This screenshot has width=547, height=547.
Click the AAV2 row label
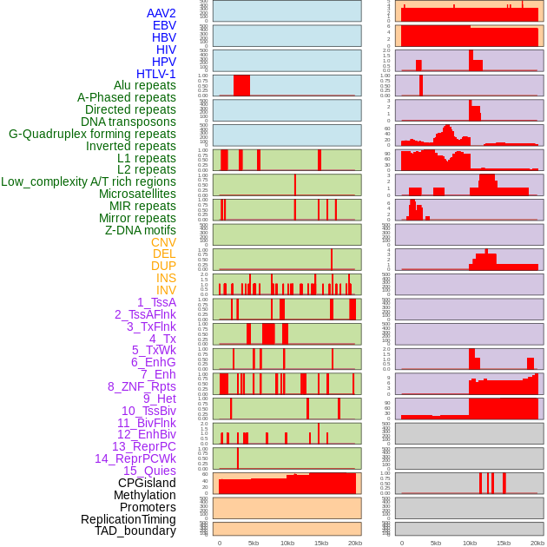(x=161, y=13)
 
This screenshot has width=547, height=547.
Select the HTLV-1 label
(x=155, y=74)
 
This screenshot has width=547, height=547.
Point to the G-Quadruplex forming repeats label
(x=92, y=134)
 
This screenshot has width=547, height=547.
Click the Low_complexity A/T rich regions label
(x=89, y=181)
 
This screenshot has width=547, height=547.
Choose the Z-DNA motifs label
(x=140, y=230)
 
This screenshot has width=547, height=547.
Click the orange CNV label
(x=163, y=242)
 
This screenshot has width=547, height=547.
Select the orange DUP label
(x=163, y=266)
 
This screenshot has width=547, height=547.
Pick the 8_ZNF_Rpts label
(x=142, y=386)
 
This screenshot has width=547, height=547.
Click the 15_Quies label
(x=149, y=471)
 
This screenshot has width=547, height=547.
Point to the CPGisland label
(x=147, y=483)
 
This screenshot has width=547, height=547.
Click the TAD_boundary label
(x=135, y=531)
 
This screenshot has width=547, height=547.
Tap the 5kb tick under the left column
(x=254, y=543)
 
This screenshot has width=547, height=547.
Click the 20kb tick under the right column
(x=537, y=543)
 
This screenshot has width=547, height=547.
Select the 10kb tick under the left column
(x=287, y=543)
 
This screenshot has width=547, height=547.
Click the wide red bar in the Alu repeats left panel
(x=241, y=85)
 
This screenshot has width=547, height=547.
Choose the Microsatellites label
(x=137, y=194)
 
